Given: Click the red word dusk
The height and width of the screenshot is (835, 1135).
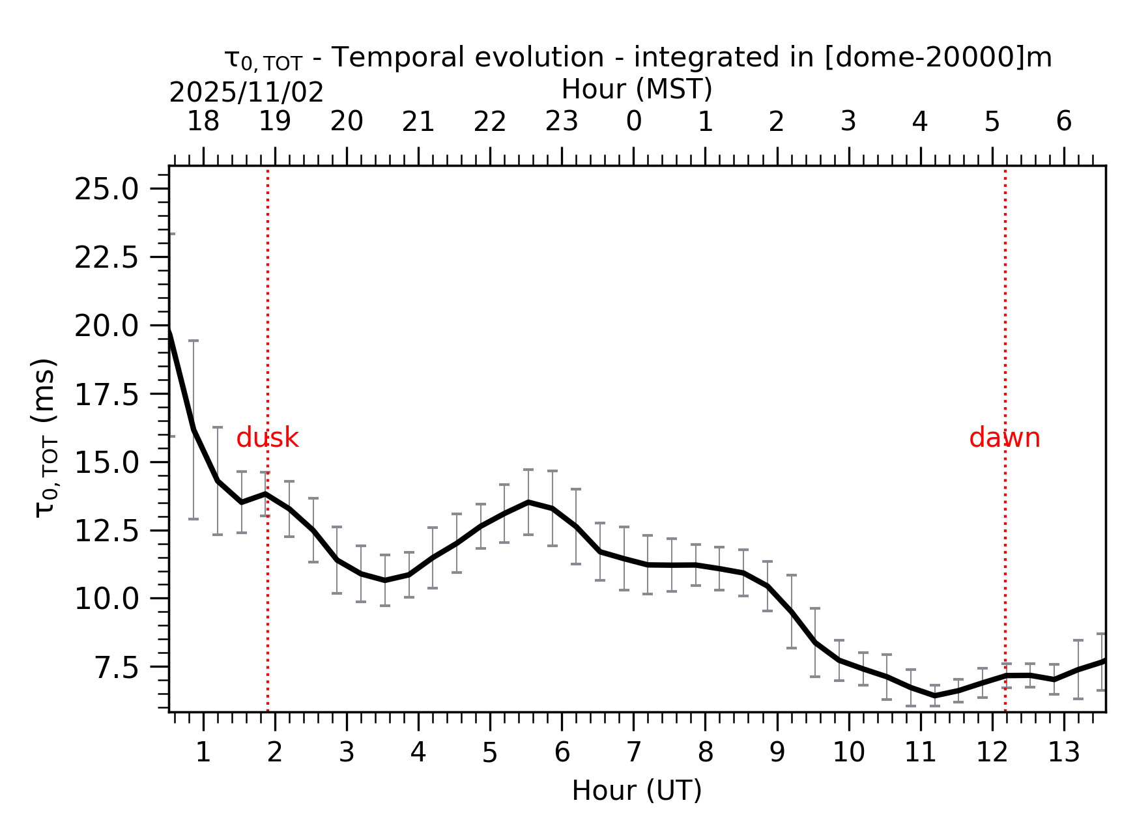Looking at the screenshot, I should pos(267,438).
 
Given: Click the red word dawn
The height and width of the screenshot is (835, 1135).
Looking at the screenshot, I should pos(1004,438).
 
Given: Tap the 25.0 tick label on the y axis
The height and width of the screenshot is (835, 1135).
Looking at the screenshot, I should pos(106,190).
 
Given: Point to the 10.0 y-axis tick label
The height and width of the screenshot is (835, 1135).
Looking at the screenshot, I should pos(106,599).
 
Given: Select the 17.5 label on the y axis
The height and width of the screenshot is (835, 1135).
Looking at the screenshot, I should pos(106,395).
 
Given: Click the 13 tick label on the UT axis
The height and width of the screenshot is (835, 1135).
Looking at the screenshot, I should pos(1063,753).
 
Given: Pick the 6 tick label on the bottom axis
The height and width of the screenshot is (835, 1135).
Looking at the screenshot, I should pos(562,753).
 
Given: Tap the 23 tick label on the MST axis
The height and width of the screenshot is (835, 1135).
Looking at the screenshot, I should pos(562,122).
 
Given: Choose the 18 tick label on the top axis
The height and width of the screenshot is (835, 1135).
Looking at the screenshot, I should pos(203,122).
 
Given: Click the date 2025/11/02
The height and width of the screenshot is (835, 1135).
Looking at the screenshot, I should pos(246,93).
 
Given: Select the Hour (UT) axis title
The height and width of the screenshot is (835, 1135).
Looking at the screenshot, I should pos(637,791).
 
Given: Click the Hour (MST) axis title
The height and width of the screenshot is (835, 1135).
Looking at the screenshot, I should pos(637,89).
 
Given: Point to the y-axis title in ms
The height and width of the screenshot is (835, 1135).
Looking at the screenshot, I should pos(46,438).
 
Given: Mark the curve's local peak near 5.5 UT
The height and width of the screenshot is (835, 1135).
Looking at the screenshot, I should pos(528,502).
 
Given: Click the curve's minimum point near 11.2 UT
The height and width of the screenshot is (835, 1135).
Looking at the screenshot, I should pos(934,696).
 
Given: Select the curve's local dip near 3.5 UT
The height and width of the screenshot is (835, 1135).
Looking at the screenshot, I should pos(385,580).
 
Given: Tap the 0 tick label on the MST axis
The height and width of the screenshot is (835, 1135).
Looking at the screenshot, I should pos(633,122).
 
